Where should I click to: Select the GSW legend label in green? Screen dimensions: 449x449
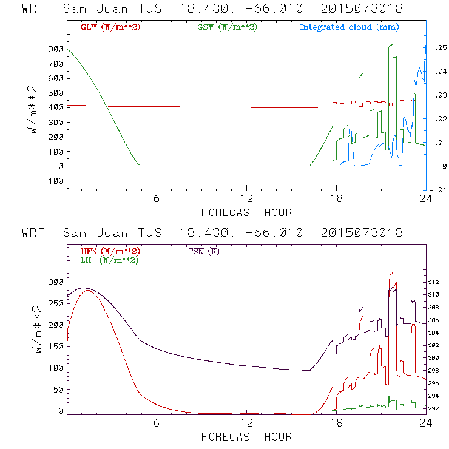[226, 27]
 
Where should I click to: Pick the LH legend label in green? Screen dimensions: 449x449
[109, 260]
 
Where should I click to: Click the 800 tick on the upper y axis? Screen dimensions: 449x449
[55, 49]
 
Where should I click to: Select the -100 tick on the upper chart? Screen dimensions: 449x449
[53, 181]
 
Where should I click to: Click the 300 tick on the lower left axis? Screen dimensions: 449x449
[55, 282]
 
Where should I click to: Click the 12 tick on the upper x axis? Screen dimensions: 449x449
[246, 199]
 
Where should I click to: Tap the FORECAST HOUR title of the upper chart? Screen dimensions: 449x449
[246, 212]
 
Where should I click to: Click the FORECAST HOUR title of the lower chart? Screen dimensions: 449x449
[246, 437]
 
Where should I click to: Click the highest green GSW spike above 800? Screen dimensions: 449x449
[391, 45]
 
